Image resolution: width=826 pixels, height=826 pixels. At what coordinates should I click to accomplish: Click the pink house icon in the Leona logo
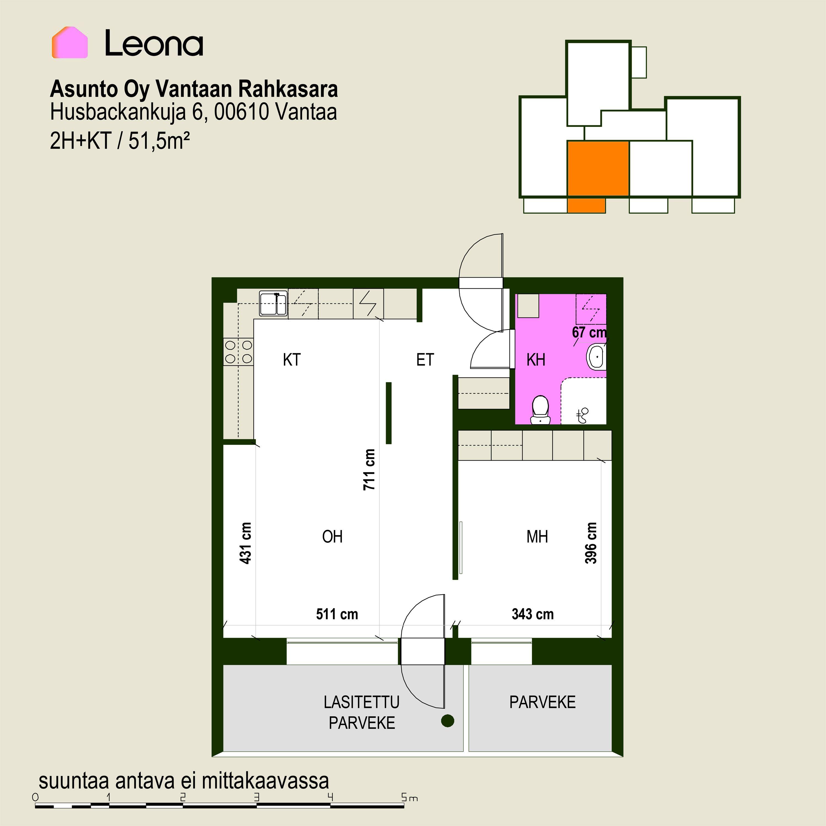tap(70, 42)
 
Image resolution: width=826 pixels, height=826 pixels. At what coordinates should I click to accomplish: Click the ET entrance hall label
tap(425, 360)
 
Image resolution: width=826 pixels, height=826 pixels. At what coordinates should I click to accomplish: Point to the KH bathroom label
tap(536, 360)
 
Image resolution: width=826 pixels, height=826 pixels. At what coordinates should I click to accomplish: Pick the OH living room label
tap(332, 537)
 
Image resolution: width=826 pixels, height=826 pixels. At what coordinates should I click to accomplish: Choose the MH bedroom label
tap(537, 537)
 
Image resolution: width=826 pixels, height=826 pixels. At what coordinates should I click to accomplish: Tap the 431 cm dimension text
tap(245, 543)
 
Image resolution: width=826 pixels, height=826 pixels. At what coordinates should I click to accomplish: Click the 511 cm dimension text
tap(337, 614)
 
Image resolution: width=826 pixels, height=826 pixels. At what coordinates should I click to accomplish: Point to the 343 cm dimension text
tap(533, 614)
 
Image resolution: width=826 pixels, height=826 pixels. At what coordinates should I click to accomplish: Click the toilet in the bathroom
tap(540, 410)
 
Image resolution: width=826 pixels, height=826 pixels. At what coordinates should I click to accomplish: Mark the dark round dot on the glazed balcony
tap(448, 721)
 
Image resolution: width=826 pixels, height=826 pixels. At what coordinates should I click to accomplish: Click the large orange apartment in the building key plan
tap(598, 169)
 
